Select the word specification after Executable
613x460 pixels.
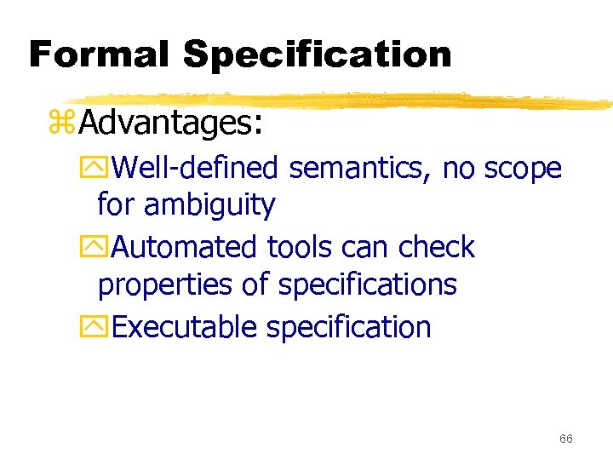click(x=348, y=328)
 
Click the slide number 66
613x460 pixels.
click(x=566, y=439)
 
